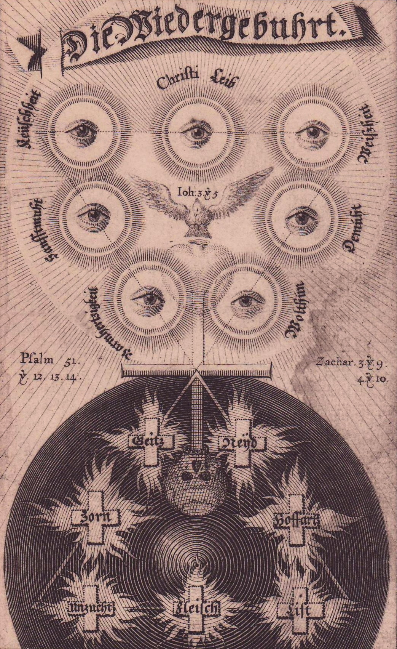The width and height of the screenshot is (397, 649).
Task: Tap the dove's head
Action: [x=197, y=208]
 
